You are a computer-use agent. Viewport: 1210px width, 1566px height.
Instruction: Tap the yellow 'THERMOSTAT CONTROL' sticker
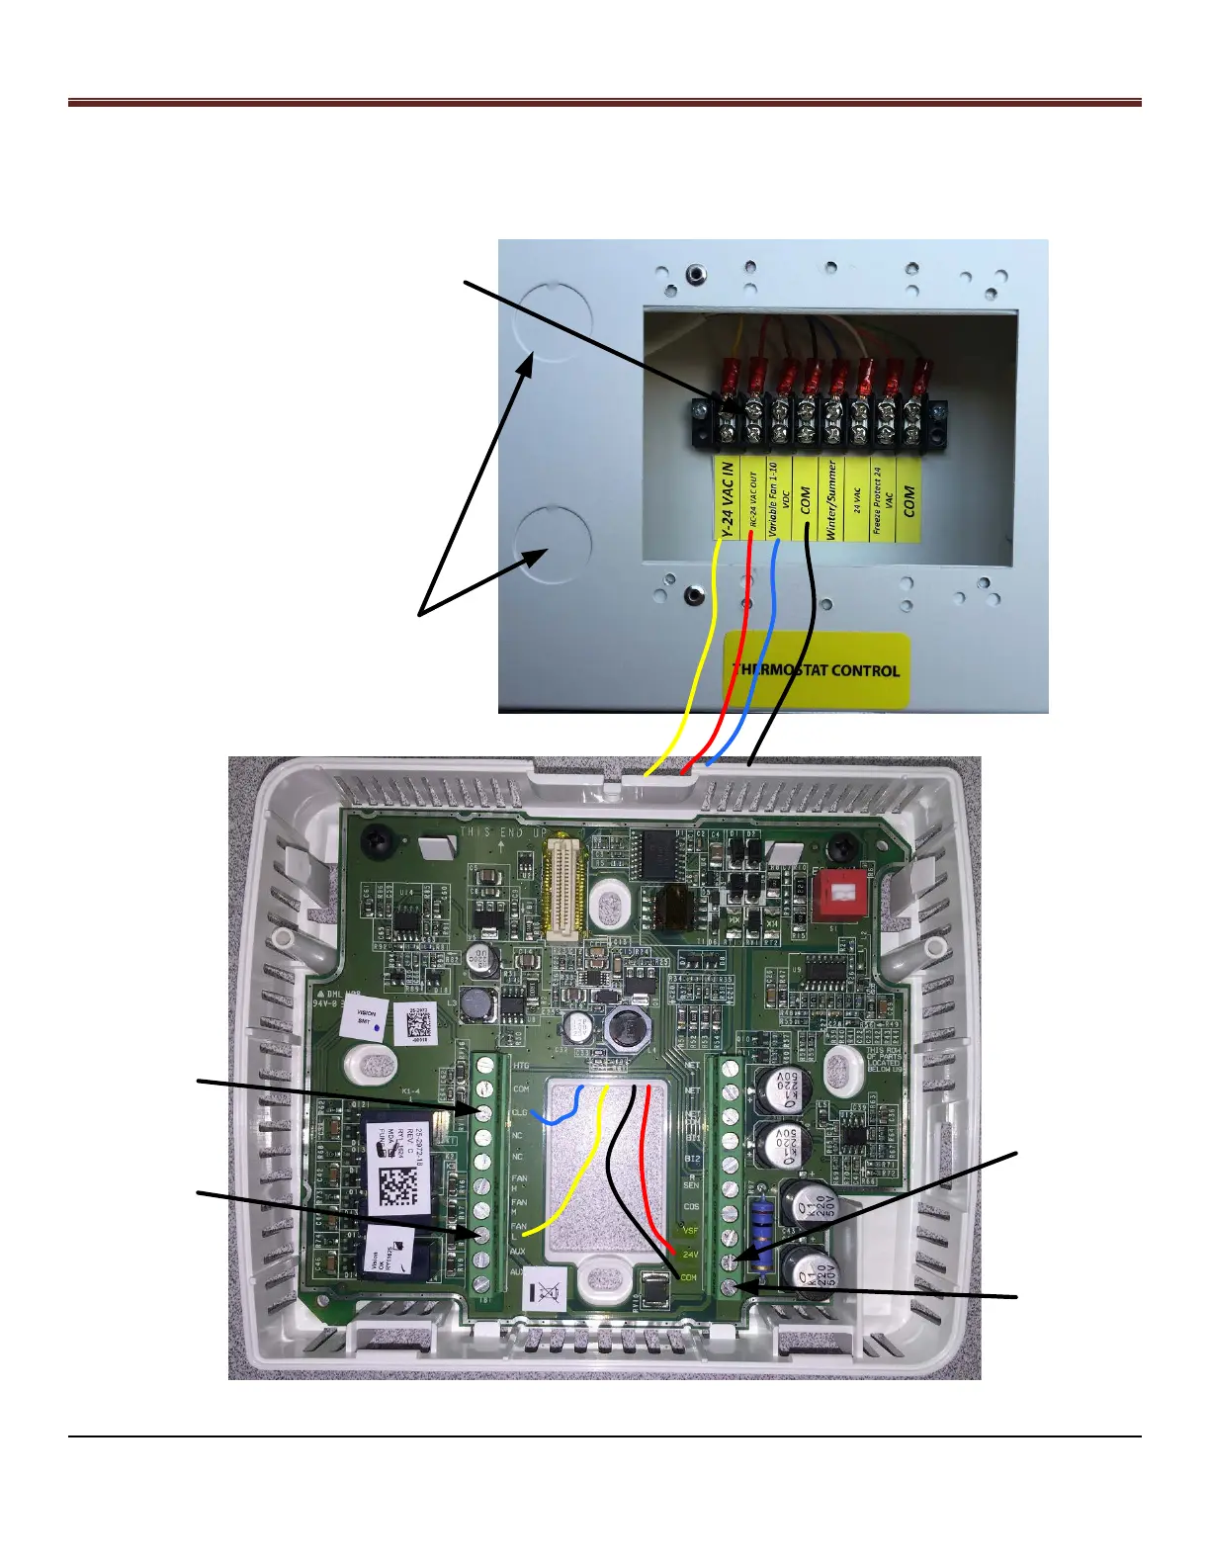point(817,669)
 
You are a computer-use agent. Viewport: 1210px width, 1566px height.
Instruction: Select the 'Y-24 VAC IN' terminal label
point(727,499)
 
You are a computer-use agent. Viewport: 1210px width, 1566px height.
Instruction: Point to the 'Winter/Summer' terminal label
point(831,499)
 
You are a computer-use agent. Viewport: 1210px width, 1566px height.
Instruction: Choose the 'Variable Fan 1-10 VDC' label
point(779,499)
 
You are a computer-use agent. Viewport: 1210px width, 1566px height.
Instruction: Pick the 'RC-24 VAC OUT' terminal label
point(752,499)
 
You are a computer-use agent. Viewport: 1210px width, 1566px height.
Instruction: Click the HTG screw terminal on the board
point(484,1066)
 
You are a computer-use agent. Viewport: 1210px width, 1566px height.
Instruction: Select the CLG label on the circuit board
point(519,1113)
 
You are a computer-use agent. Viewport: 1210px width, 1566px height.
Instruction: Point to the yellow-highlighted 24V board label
point(690,1255)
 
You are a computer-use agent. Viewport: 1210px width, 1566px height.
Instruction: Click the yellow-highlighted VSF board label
point(691,1231)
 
